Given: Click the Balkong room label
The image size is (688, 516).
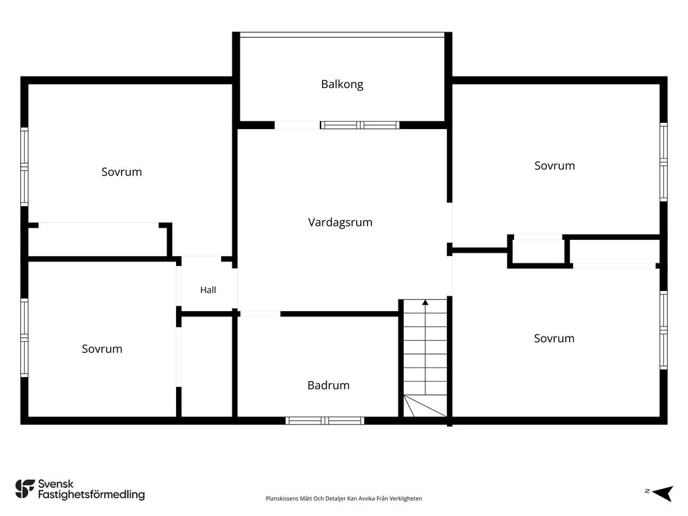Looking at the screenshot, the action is pyautogui.click(x=342, y=84).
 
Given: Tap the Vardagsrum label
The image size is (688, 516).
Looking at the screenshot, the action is pyautogui.click(x=340, y=222).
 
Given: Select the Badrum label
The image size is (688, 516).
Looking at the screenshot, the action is pyautogui.click(x=328, y=385).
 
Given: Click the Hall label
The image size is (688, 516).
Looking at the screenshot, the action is pyautogui.click(x=208, y=290).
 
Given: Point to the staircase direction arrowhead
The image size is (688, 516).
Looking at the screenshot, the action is pyautogui.click(x=425, y=302).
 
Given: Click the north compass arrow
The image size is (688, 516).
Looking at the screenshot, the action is pyautogui.click(x=663, y=493).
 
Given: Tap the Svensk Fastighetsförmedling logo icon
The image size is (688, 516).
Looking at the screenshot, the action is pyautogui.click(x=25, y=489).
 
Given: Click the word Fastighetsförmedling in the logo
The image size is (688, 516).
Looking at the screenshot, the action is pyautogui.click(x=91, y=494).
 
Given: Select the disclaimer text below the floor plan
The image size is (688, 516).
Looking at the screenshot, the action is pyautogui.click(x=343, y=499).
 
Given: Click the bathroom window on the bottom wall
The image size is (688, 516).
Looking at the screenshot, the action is pyautogui.click(x=325, y=421).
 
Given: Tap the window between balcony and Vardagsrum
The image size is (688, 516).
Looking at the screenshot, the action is pyautogui.click(x=360, y=125).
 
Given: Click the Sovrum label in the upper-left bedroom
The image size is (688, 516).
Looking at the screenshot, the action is pyautogui.click(x=122, y=172).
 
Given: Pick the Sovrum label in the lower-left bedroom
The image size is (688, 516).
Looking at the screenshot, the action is pyautogui.click(x=102, y=349).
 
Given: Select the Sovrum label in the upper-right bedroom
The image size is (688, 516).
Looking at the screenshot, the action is pyautogui.click(x=554, y=166).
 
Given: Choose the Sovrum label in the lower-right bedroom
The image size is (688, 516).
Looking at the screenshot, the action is pyautogui.click(x=554, y=339).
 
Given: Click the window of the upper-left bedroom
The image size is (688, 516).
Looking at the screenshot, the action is pyautogui.click(x=24, y=167).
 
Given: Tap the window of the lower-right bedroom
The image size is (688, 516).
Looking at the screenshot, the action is pyautogui.click(x=664, y=330).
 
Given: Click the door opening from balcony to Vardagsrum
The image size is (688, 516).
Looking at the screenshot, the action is pyautogui.click(x=297, y=125).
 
